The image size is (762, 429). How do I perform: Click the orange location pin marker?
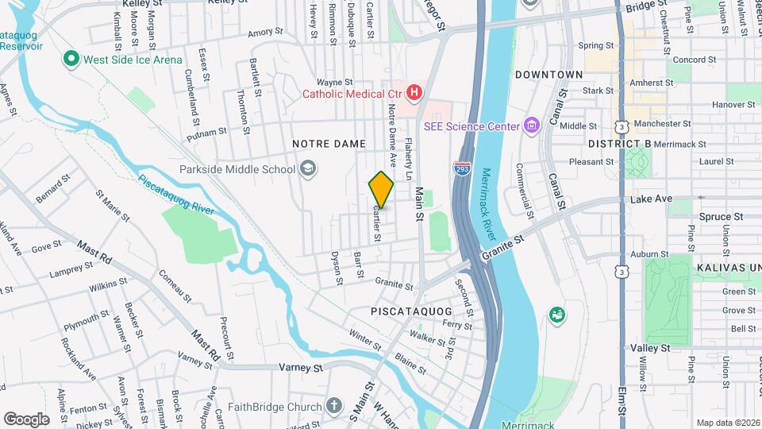coord(381,189)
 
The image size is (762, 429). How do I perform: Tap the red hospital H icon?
coord(414,94)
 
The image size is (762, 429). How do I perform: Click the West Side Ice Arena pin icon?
coord(71,60)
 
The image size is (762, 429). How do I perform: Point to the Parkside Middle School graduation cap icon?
coord(307,168)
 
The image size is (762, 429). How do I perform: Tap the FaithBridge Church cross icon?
coord(334,407)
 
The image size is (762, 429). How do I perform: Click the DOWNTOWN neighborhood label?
coord(548,74)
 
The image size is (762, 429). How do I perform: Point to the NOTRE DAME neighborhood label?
coord(329,144)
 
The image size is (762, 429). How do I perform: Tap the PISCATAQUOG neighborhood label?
coord(410,311)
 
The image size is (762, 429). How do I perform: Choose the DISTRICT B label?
coord(620,144)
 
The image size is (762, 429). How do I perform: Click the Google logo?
coord(26,419)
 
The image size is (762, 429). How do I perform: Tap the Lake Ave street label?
coord(652,199)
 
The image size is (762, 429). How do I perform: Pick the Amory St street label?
coord(265,33)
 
